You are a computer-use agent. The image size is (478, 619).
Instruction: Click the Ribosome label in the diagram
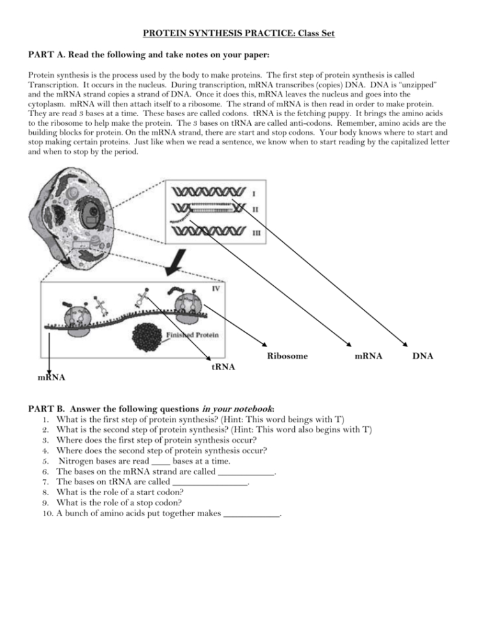287,356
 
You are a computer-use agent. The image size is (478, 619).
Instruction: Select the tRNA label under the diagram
223,367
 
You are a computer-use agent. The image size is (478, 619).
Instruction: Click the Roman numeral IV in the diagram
216,288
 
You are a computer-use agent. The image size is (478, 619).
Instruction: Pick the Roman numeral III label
256,234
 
